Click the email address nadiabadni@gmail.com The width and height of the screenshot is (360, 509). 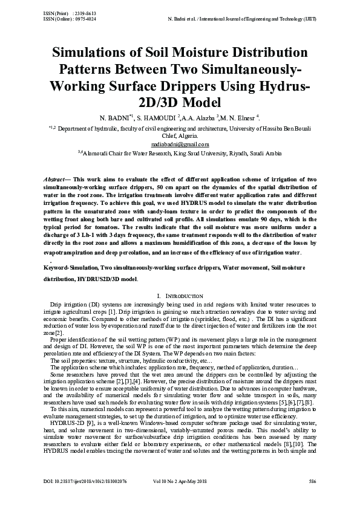pyautogui.click(x=180, y=144)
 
